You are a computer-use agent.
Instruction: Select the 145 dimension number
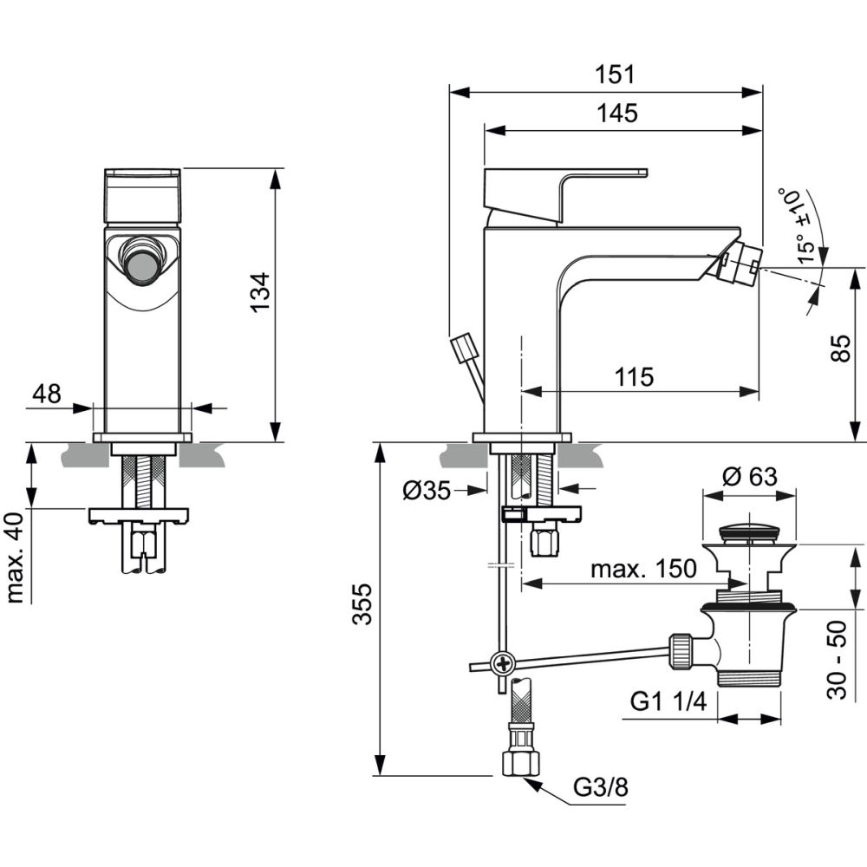[x=616, y=114]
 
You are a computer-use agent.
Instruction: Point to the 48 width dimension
[x=47, y=394]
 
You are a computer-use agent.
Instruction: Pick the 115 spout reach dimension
[x=634, y=377]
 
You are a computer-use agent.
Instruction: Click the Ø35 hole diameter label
[x=427, y=490]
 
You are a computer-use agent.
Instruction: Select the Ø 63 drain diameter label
[x=749, y=477]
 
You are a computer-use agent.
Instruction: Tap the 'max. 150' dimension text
[x=642, y=569]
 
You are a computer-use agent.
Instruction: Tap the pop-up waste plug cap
[x=749, y=531]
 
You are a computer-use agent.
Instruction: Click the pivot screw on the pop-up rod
[x=503, y=666]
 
